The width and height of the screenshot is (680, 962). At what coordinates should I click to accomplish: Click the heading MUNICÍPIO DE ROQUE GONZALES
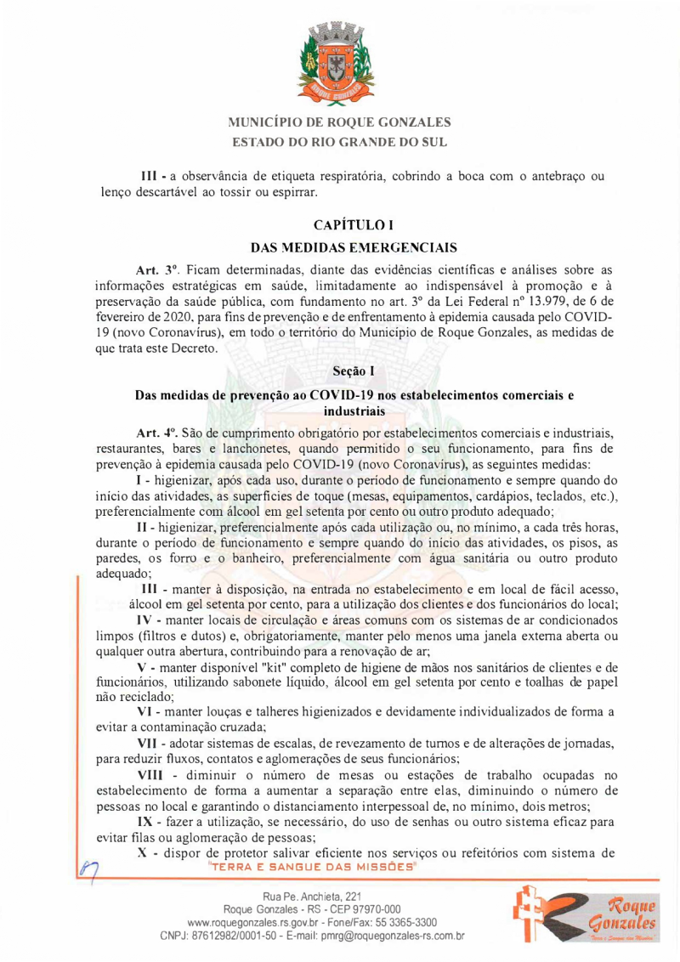(x=340, y=122)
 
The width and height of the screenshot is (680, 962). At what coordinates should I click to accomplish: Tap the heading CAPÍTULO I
(x=340, y=227)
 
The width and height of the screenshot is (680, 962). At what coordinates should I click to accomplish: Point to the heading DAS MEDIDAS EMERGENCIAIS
(x=340, y=248)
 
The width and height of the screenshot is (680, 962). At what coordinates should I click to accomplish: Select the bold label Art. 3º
(x=156, y=270)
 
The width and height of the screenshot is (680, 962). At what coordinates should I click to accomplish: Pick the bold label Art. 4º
(x=156, y=432)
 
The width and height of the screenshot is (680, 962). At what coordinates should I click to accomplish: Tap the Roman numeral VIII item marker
(x=153, y=774)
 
